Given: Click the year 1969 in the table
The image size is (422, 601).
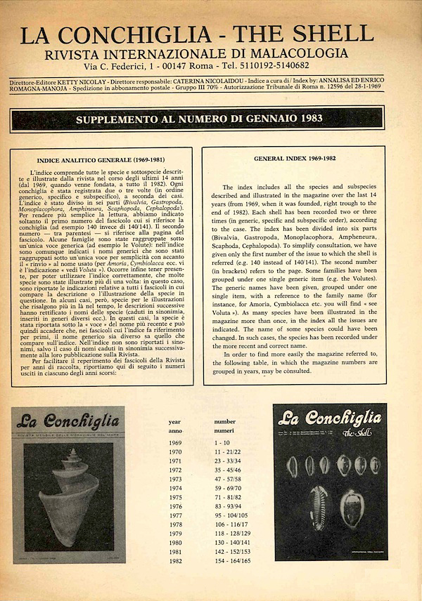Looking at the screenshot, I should [x=175, y=444].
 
